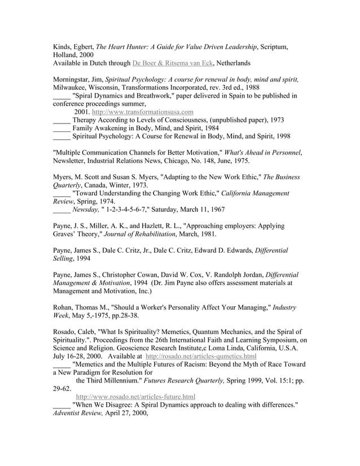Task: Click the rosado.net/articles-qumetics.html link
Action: click(201, 357)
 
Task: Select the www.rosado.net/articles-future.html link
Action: click(135, 397)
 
